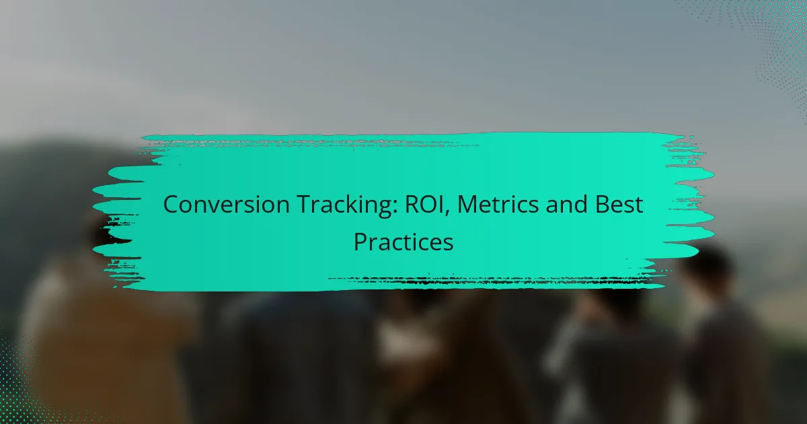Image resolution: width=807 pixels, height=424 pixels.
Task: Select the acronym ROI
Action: (x=421, y=205)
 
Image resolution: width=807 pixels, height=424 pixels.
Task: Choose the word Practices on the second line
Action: (x=403, y=242)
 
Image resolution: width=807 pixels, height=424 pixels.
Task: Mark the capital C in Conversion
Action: (x=171, y=205)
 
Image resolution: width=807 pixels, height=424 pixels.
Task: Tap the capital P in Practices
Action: (x=360, y=242)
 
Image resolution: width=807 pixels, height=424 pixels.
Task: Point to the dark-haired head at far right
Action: (x=706, y=269)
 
